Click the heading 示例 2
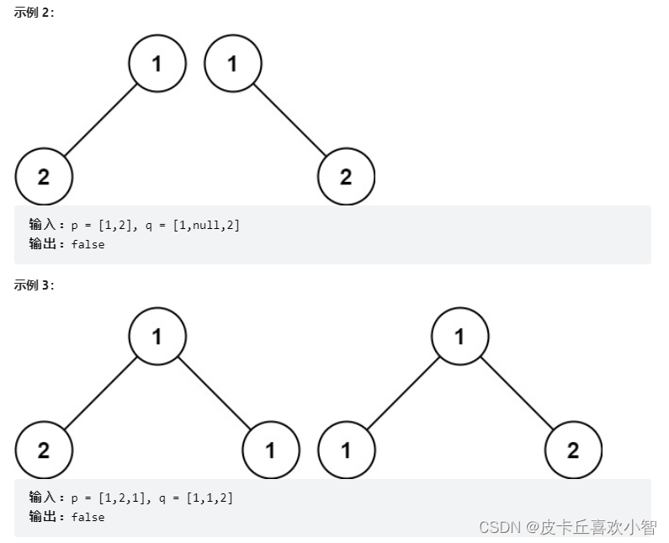[35, 12]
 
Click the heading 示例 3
[35, 285]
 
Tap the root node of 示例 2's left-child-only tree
[157, 63]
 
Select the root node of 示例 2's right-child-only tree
[233, 63]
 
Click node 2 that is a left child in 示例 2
[44, 177]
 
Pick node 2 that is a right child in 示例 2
[346, 177]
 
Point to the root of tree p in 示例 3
[157, 337]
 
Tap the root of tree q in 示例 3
[459, 337]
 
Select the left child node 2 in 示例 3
[44, 450]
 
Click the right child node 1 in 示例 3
[270, 450]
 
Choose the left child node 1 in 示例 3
[346, 450]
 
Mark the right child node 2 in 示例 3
[573, 450]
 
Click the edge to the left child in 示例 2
[101, 120]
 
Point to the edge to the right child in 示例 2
[289, 120]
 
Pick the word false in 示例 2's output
[88, 244]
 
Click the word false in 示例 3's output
[88, 517]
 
